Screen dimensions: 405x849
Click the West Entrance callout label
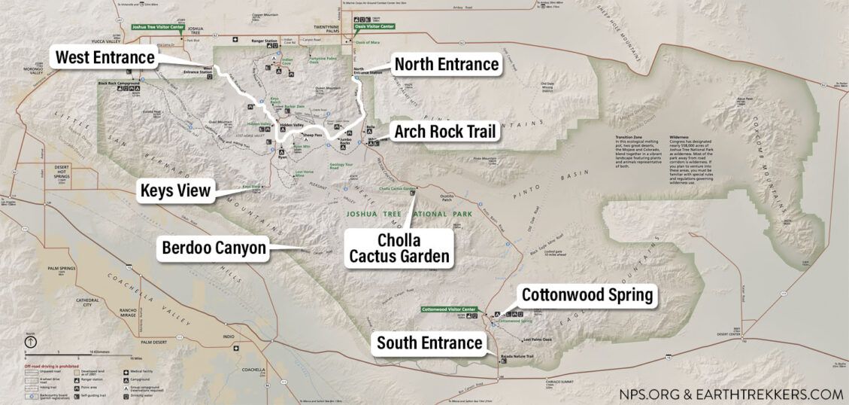pos(105,56)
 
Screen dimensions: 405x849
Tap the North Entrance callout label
pos(446,64)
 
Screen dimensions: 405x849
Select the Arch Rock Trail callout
pos(445,132)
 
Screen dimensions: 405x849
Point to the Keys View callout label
pos(174,190)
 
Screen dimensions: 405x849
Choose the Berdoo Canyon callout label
pos(214,248)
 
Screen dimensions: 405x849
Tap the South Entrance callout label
pos(429,343)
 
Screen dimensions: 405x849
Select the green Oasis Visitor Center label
pos(374,26)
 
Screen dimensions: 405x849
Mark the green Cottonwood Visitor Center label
pos(449,309)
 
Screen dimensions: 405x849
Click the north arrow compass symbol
pos(31,341)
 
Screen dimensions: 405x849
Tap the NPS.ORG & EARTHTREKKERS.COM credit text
pos(731,394)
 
